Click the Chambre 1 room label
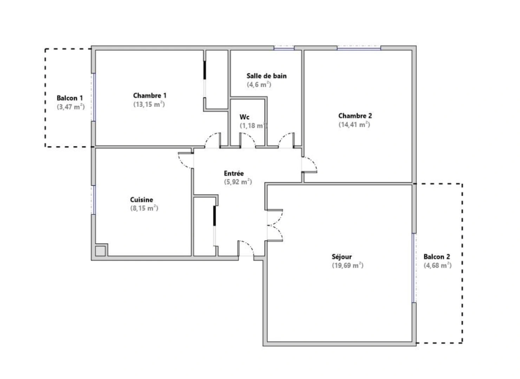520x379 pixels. pos(150,95)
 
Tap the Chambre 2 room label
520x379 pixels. pos(355,116)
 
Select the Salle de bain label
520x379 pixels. pos(266,76)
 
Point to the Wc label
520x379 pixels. pos(245,117)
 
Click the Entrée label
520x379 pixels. pos(234,173)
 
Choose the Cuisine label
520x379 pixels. pos(142,200)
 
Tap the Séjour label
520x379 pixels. pos(342,257)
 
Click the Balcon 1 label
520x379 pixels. pos(70,98)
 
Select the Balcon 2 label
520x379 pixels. pos(436,257)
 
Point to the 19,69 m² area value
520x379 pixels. pos(347,266)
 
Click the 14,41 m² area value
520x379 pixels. pos(354,125)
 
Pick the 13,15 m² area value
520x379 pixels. pos(149,104)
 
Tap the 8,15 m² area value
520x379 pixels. pos(144,208)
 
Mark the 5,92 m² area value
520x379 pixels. pos(238,182)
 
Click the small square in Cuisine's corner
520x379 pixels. pos(100,251)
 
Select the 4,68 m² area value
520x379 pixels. pos(437,266)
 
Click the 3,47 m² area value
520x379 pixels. pos(71,107)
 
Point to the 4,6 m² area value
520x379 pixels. pos(259,85)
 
